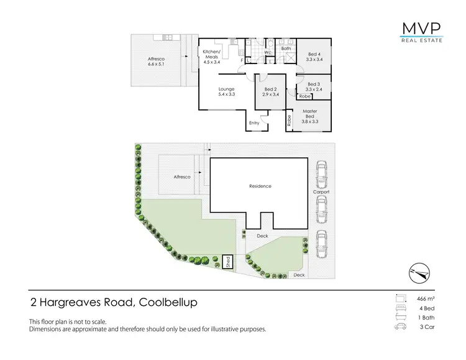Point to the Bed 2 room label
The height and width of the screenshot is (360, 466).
tap(270, 92)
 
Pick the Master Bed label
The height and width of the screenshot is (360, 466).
tap(310, 116)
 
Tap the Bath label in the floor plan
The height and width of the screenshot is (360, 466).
tap(286, 48)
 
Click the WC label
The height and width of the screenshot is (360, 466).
tap(267, 53)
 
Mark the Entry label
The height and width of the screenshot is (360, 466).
tap(254, 123)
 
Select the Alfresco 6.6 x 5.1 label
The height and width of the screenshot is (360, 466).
tap(155, 61)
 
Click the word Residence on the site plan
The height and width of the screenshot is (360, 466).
tap(260, 187)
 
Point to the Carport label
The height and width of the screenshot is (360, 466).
tap(321, 192)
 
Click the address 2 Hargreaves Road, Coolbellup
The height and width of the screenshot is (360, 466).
tap(114, 303)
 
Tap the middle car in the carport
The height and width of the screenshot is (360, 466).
tap(321, 210)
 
